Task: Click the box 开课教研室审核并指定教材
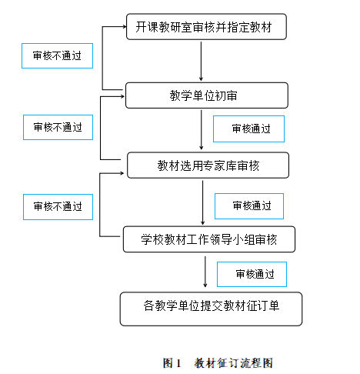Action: click(x=206, y=27)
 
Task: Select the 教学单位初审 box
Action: click(x=207, y=95)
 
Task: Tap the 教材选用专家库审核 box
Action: click(x=208, y=165)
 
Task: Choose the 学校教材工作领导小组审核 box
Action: click(x=209, y=239)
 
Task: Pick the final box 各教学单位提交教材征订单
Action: click(x=211, y=309)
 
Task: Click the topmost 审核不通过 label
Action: click(x=57, y=55)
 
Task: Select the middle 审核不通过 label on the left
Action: click(x=58, y=127)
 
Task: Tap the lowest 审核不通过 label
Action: click(x=58, y=207)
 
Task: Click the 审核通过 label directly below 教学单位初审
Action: click(x=248, y=129)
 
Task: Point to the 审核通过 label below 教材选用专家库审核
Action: click(x=249, y=206)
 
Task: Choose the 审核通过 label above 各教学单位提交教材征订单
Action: click(x=252, y=274)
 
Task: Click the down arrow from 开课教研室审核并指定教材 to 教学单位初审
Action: click(x=201, y=62)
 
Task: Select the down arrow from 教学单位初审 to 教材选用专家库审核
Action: click(x=202, y=130)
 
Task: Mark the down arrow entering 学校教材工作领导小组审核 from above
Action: click(x=202, y=202)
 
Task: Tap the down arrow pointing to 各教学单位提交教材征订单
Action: click(x=205, y=272)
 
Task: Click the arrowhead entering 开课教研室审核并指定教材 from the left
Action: click(x=125, y=26)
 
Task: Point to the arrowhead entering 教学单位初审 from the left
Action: click(x=122, y=96)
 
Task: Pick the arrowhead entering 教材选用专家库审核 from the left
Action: click(x=122, y=173)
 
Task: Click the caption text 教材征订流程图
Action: click(x=233, y=363)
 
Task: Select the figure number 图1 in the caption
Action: click(x=172, y=363)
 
